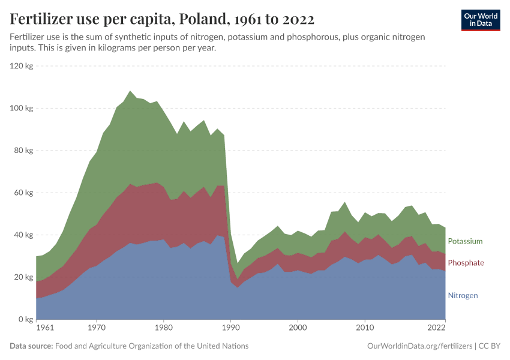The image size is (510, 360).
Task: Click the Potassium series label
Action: click(465, 241)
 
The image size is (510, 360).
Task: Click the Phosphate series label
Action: click(466, 263)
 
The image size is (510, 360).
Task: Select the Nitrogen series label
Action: click(463, 296)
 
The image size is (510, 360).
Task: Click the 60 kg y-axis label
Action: click(23, 193)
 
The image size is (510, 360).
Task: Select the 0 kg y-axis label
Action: click(25, 319)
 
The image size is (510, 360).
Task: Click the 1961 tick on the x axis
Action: click(44, 328)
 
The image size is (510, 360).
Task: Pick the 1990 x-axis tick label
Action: click(230, 328)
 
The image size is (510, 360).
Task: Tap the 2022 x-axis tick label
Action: click(436, 328)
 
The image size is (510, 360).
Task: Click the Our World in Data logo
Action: click(480, 20)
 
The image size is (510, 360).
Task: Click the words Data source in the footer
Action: click(31, 346)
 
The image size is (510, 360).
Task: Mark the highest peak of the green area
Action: click(130, 91)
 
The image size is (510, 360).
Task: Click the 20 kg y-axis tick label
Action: click(23, 277)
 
